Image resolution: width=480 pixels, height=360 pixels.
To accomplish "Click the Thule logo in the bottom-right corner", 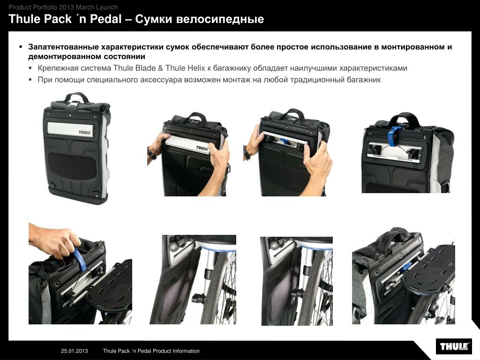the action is [454, 346].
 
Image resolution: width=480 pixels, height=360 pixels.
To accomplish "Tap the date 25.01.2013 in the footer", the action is [75, 351].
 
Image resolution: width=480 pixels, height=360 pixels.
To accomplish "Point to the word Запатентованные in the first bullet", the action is [63, 47].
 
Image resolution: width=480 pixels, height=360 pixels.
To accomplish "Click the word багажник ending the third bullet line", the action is [364, 80].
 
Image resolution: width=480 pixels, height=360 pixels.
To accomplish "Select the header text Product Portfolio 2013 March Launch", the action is [63, 7].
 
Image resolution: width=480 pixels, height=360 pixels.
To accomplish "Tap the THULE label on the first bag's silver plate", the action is [84, 133].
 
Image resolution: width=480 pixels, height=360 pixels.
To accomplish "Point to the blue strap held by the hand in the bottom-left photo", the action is [80, 259].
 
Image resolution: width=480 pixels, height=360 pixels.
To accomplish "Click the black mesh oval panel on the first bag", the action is [72, 165].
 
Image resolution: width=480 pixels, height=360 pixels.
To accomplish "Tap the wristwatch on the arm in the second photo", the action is [151, 153].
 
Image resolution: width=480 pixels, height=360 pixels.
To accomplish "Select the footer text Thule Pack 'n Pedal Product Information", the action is [151, 351].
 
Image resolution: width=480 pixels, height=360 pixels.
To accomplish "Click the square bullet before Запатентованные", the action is [21, 47].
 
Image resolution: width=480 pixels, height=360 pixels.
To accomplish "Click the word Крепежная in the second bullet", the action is [58, 68].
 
